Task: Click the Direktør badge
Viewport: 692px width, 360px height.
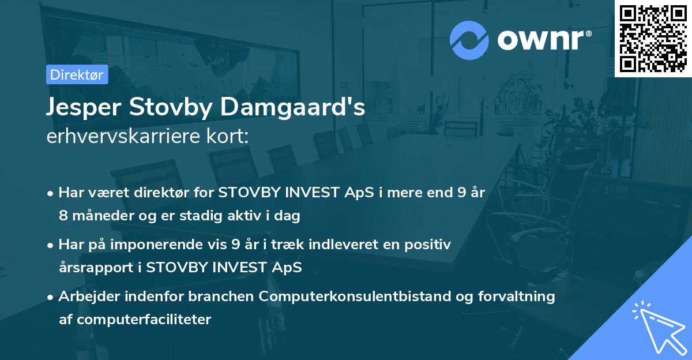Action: click(77, 74)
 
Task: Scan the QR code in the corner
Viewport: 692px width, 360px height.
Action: click(653, 39)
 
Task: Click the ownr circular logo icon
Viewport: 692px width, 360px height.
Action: click(469, 40)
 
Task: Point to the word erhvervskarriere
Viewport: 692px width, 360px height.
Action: click(123, 136)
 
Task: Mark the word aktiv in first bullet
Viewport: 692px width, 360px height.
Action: click(255, 216)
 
